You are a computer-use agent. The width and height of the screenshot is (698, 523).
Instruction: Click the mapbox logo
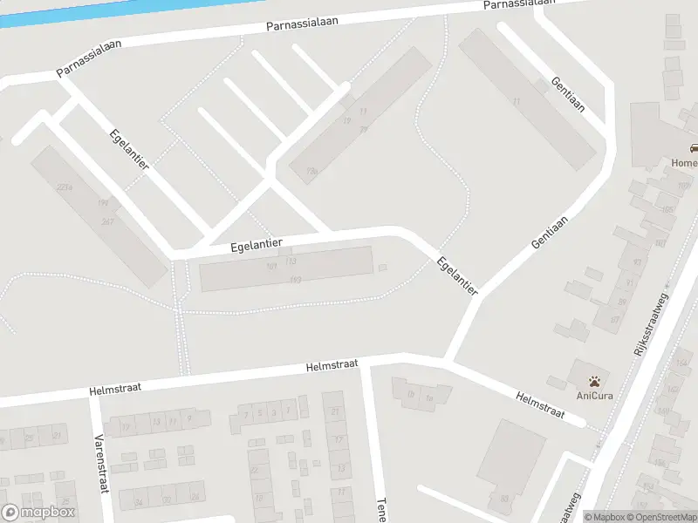click(39, 512)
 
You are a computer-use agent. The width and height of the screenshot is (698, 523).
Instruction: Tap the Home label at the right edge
click(683, 164)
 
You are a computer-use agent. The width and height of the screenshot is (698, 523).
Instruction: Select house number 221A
click(63, 187)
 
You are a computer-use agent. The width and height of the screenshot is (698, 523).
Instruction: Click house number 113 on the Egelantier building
click(291, 261)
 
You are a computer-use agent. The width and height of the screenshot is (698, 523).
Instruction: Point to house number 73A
click(311, 172)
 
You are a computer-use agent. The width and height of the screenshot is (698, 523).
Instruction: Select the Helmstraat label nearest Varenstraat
click(115, 387)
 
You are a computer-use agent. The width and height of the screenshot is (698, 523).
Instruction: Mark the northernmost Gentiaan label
click(566, 93)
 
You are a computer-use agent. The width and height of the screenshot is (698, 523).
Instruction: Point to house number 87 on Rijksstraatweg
click(614, 319)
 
